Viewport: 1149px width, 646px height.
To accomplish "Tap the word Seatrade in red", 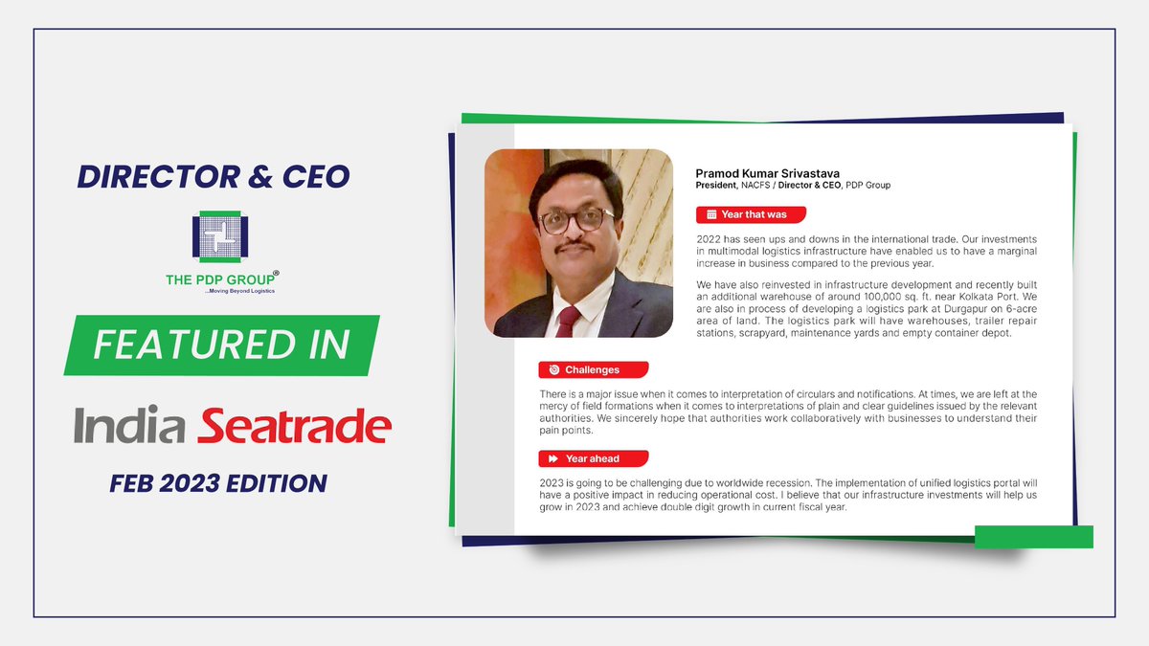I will click(294, 426).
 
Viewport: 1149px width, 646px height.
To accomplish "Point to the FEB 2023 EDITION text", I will click(218, 483).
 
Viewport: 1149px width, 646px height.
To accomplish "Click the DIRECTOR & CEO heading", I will click(214, 177).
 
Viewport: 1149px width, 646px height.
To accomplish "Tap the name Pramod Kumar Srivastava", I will click(755, 173).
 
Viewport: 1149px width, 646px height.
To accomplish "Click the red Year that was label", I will click(751, 214).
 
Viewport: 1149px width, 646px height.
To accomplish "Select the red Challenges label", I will click(593, 369).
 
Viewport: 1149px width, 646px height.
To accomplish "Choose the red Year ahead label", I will click(593, 458).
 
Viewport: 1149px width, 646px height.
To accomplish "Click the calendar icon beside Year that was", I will click(711, 214).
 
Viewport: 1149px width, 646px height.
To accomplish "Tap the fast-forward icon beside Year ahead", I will click(553, 458).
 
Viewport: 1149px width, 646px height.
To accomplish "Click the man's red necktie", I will click(568, 320).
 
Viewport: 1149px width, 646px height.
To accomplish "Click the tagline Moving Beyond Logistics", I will click(239, 290).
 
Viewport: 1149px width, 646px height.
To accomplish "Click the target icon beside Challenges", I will click(553, 369).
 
